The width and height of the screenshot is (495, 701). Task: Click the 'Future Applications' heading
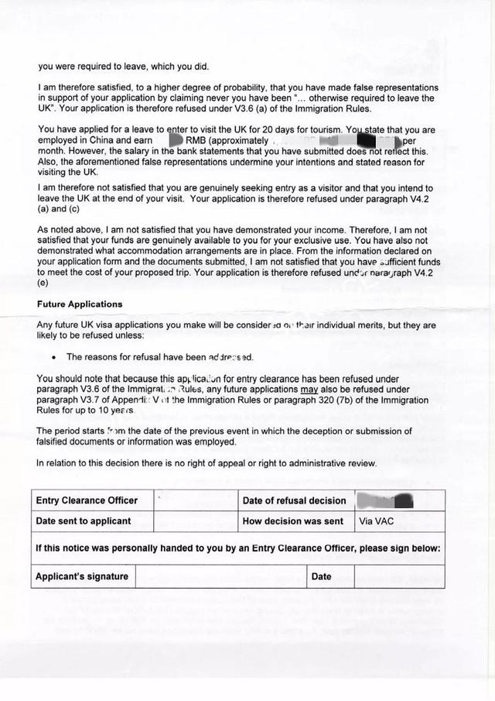tap(80, 304)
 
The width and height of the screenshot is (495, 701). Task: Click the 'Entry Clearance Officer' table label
tap(87, 500)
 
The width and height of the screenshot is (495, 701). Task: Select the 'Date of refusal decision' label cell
tap(294, 500)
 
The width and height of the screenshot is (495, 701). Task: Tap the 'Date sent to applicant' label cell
tap(84, 521)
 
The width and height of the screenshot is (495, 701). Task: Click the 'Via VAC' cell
tap(376, 521)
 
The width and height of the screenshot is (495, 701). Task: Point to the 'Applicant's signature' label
tap(81, 576)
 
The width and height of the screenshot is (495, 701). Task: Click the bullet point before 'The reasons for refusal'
tap(53, 358)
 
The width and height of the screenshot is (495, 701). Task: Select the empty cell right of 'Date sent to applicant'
tap(195, 521)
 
